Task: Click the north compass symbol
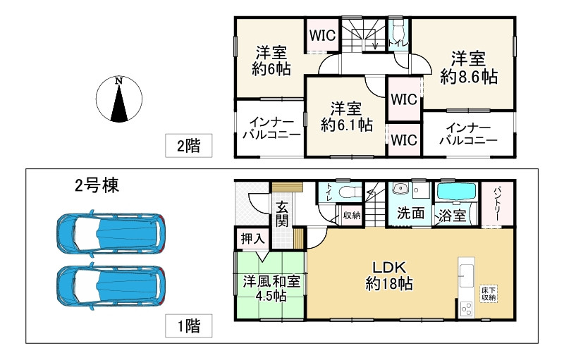coord(119,100)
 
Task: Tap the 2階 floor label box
coord(188,146)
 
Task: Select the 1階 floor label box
coord(188,325)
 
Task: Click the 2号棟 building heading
coord(97,186)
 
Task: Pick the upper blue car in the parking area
coord(111,231)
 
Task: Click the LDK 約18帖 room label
coord(388,275)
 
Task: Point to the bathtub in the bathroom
coord(456,192)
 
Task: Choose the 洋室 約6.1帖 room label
coord(346,116)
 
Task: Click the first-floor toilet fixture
coord(347,192)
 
